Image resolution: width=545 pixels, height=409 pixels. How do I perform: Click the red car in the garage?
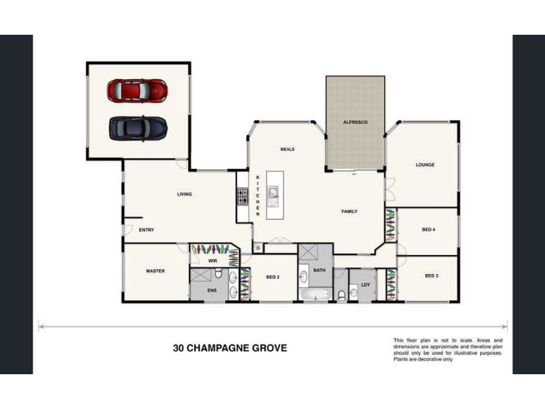point(138,91)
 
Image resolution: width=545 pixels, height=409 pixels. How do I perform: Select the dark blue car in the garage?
point(138,128)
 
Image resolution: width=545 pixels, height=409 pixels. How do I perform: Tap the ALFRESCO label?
point(355,123)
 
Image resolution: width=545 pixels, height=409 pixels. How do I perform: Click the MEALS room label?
point(287,149)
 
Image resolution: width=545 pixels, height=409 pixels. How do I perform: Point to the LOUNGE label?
point(425,165)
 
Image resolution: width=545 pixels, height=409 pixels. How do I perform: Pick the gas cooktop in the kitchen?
point(243,197)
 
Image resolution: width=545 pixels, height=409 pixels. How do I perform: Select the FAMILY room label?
point(349,211)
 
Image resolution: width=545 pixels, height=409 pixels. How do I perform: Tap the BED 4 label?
point(429,230)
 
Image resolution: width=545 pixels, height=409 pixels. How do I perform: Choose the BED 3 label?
point(431,276)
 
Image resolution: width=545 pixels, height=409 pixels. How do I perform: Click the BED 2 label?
point(273,277)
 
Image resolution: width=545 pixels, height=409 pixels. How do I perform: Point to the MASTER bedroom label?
point(155,271)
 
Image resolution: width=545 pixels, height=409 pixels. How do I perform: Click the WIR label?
point(213,261)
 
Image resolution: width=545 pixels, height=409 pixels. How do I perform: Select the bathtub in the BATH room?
point(315,295)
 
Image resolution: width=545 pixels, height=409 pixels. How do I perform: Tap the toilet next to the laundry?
point(341,295)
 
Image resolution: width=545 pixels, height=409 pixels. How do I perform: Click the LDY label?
point(366,285)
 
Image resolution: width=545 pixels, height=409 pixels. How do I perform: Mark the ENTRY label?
point(146,230)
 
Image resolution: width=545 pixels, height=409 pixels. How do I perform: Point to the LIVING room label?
point(184,194)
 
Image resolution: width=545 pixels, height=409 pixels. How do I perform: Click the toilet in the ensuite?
point(218,273)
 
